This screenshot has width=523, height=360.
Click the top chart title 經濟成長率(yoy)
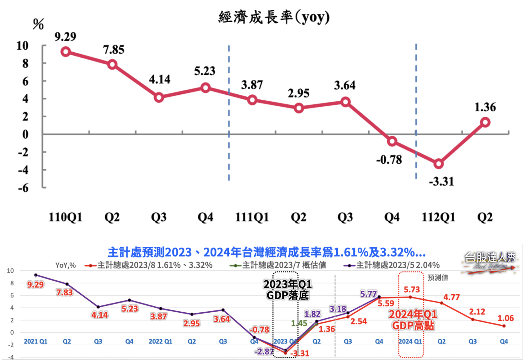[x=274, y=17]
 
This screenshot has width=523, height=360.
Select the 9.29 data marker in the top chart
[x=66, y=52]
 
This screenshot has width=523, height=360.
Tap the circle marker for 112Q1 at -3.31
[x=439, y=164]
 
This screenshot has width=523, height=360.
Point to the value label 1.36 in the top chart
[x=485, y=107]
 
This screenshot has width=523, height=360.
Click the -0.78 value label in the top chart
[x=389, y=160]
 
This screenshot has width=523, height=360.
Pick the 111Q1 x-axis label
[x=252, y=217]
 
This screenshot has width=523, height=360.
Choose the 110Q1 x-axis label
[x=65, y=217]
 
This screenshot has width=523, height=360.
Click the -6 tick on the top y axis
[x=23, y=188]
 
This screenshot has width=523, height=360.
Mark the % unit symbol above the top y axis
[x=38, y=24]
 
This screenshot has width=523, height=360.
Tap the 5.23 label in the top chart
[x=205, y=71]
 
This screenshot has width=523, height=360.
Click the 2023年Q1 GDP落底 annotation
[x=288, y=290]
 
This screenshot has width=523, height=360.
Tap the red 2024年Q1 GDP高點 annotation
[x=413, y=320]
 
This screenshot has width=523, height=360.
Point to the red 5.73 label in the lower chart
[x=412, y=289]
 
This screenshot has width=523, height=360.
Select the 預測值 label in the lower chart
[x=438, y=278]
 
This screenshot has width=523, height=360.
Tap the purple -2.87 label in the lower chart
[x=264, y=352]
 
